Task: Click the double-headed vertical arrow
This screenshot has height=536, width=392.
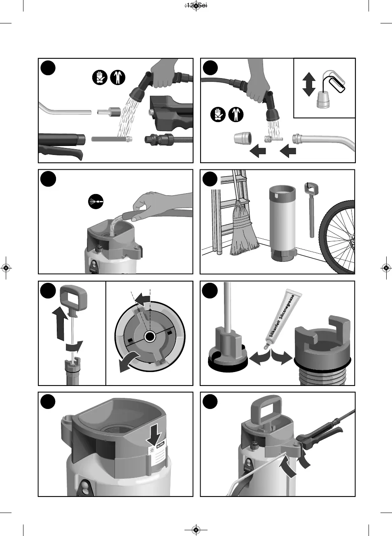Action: click(308, 85)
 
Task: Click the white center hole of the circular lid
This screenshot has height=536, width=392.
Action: click(149, 337)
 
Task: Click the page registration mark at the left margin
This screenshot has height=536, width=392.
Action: click(6, 268)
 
